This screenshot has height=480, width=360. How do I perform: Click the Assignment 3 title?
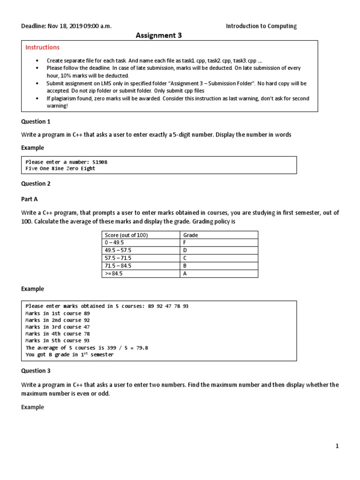[158, 35]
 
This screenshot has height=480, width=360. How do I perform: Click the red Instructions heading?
[42, 47]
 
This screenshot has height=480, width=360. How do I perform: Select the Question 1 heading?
[36, 121]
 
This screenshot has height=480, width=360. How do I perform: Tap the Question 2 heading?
[36, 184]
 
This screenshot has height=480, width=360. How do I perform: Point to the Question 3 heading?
[36, 371]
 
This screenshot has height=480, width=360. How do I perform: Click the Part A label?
[30, 199]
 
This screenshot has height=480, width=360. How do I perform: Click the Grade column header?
[190, 235]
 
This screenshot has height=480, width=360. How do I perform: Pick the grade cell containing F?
[185, 243]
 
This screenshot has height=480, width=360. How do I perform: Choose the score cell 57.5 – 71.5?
[119, 258]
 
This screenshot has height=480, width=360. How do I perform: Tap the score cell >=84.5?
[114, 274]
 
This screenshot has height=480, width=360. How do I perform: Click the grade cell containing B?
[185, 266]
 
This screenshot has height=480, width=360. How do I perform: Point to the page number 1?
[337, 446]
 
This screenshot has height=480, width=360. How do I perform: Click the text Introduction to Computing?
[261, 26]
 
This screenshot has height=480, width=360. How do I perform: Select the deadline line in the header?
[67, 26]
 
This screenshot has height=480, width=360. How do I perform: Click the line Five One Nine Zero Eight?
[60, 169]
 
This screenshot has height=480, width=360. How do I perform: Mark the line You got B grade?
[69, 355]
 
